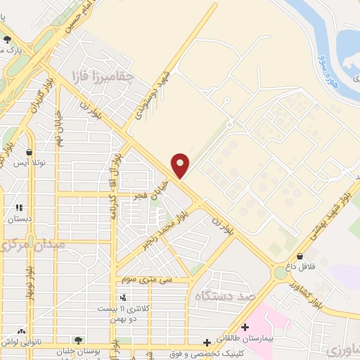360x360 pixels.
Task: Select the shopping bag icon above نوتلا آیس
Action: click(x=29, y=151)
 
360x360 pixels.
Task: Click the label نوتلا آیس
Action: click(x=29, y=162)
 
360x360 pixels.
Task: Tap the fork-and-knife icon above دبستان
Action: click(x=19, y=208)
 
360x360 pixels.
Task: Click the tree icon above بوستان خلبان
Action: click(x=78, y=339)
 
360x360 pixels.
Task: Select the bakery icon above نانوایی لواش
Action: click(x=22, y=331)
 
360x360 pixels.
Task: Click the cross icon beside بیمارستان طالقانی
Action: click(x=245, y=327)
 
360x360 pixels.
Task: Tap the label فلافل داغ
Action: click(x=300, y=266)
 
